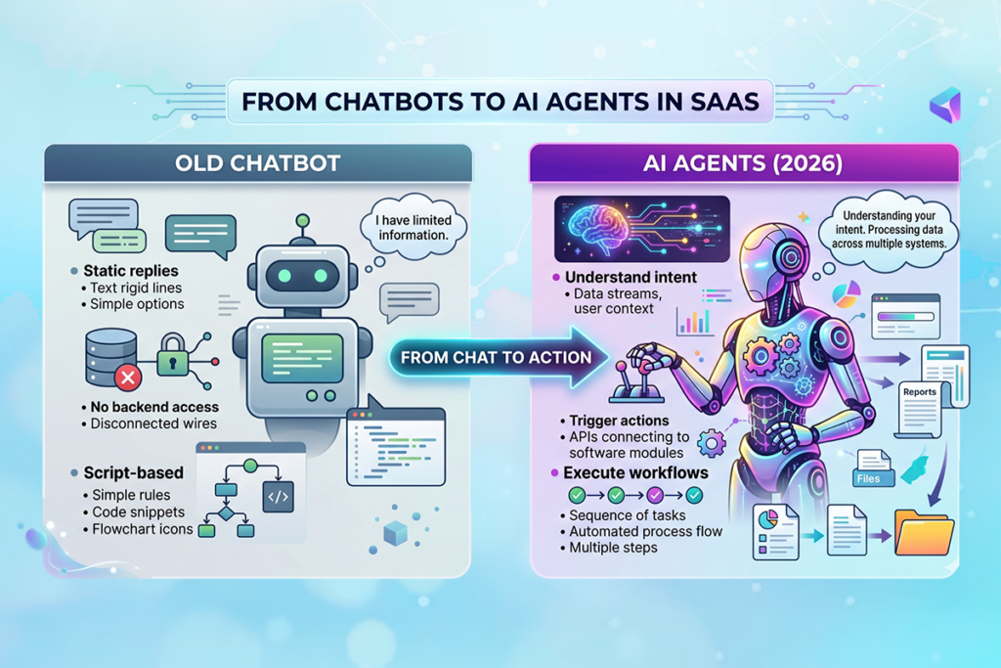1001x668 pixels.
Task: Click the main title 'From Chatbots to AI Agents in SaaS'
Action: pyautogui.click(x=500, y=103)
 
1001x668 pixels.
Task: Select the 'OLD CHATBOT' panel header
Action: pyautogui.click(x=257, y=162)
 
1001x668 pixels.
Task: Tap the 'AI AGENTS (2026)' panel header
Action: pyautogui.click(x=742, y=162)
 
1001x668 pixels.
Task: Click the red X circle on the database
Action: pyautogui.click(x=127, y=376)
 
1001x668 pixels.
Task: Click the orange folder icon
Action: pyautogui.click(x=923, y=535)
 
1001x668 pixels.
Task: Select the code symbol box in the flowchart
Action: pyautogui.click(x=278, y=498)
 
